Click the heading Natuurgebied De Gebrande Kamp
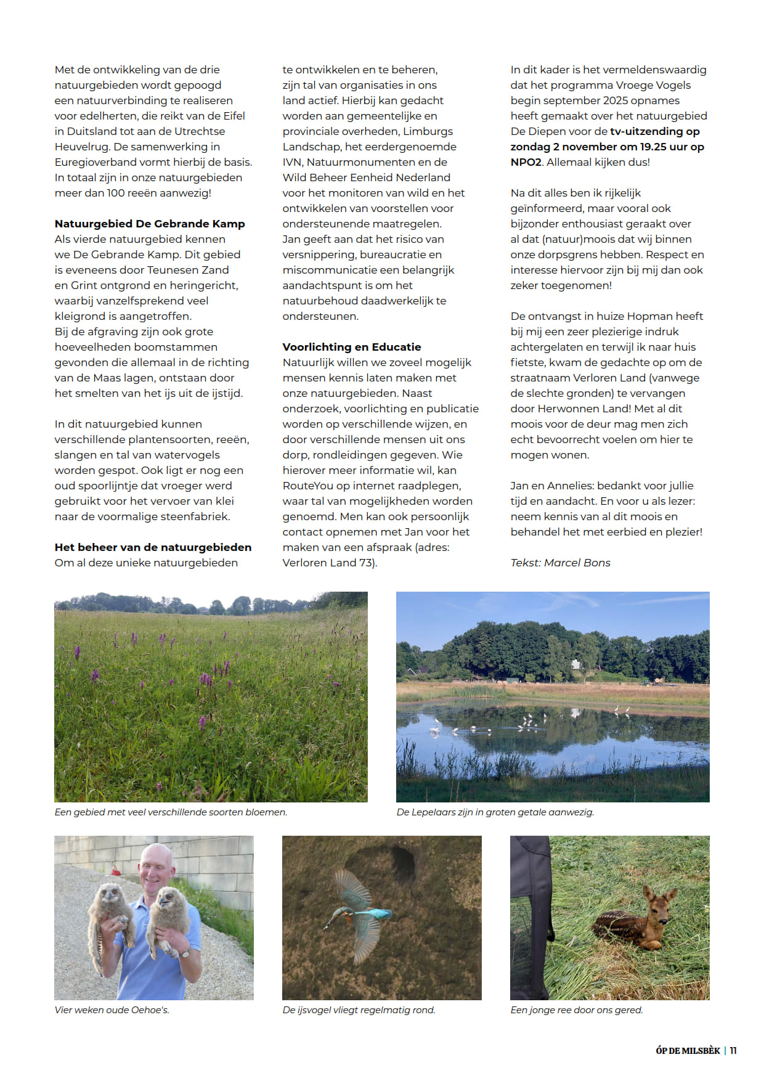pos(150,224)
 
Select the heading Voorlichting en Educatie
pos(352,347)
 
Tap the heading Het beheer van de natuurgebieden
pos(153,547)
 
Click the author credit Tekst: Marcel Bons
pos(560,563)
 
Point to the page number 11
pos(733,1051)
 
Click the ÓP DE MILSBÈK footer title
pos(688,1051)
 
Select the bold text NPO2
pos(526,162)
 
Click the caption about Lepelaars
pos(495,812)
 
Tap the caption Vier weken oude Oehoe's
pos(112,1010)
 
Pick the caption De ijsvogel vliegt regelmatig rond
pos(359,1010)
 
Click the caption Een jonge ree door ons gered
pos(577,1010)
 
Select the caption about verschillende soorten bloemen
pos(171,812)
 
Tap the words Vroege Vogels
pos(651,85)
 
